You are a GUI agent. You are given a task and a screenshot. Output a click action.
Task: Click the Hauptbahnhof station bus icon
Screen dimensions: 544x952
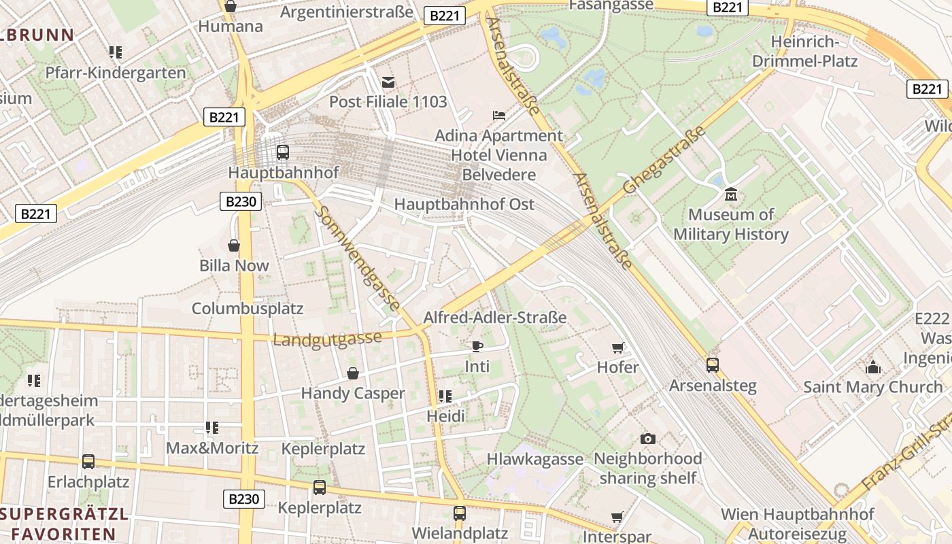point(283,152)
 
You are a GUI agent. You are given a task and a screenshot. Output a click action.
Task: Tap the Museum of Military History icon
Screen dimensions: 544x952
point(731,194)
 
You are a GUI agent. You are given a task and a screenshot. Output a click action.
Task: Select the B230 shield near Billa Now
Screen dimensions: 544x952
point(241,201)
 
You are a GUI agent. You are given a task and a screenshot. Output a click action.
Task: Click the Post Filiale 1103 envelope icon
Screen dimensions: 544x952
point(388,82)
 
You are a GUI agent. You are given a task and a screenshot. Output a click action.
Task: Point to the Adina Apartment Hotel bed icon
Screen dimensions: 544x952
point(499,115)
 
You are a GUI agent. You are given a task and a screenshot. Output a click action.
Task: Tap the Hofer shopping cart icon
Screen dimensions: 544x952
point(617,347)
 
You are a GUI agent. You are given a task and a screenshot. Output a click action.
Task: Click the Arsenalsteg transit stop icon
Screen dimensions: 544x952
point(712,365)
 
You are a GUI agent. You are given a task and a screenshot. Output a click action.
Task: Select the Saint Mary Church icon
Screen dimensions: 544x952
point(873,367)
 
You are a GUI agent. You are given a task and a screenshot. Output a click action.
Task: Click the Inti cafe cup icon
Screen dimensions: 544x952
point(477,346)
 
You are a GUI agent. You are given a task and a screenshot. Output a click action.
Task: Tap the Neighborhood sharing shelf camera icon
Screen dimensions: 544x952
point(648,439)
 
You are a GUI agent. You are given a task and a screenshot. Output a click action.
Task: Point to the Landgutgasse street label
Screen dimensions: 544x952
point(327,339)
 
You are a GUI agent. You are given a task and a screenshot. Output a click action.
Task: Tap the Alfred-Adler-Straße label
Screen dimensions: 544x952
point(494,317)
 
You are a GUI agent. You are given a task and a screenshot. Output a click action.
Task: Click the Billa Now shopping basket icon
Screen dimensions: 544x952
point(234,245)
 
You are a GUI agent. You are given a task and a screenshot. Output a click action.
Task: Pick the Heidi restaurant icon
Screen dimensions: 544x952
point(445,396)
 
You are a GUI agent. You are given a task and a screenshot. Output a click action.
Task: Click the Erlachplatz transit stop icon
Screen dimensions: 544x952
point(88,461)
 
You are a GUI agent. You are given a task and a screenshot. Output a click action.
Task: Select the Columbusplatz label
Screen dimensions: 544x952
point(248,308)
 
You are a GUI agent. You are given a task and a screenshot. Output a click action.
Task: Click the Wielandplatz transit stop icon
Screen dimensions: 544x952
point(460,513)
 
